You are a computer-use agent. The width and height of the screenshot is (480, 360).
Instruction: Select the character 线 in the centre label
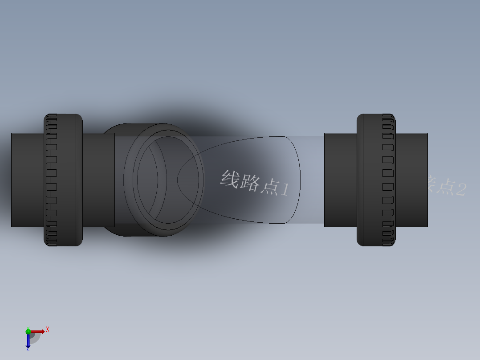tap(229, 178)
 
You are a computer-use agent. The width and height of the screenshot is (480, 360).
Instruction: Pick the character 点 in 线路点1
tap(268, 186)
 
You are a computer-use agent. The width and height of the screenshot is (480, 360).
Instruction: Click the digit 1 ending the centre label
tap(284, 190)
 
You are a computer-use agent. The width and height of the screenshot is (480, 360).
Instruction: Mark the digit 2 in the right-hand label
tap(460, 189)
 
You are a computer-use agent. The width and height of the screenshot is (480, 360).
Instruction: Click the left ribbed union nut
tap(63, 180)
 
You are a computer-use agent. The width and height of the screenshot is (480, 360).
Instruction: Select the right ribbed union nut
tap(376, 180)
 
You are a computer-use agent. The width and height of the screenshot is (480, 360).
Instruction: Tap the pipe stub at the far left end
tap(27, 180)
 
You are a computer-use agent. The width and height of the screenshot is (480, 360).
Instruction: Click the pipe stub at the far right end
tap(411, 180)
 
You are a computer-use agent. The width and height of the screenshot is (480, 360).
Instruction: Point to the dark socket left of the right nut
tap(340, 180)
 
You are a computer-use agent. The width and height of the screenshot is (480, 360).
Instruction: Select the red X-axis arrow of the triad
tap(37, 331)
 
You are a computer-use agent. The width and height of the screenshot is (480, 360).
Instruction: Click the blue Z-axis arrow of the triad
tap(28, 340)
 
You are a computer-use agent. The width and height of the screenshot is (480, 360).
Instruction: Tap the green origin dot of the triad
tap(28, 331)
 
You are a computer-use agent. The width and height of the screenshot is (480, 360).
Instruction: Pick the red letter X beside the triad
tap(47, 330)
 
